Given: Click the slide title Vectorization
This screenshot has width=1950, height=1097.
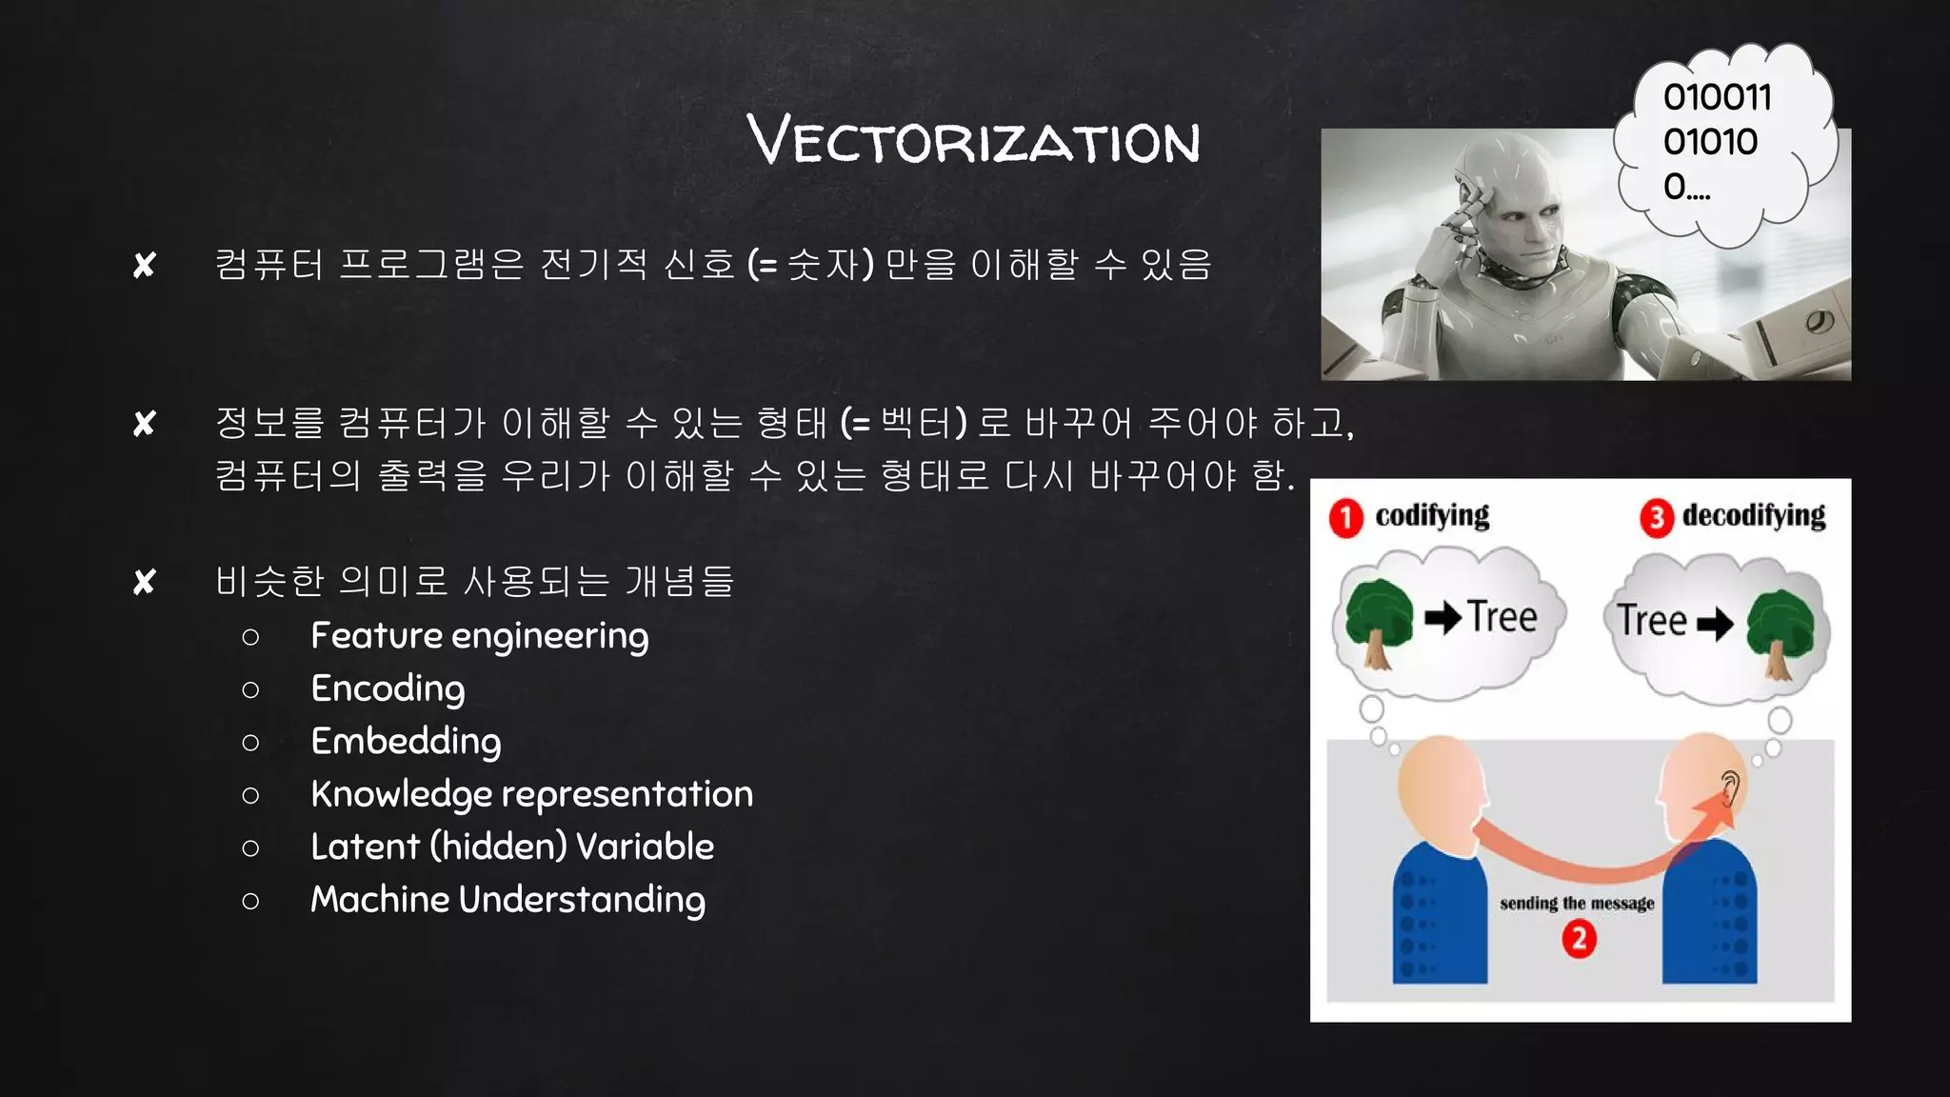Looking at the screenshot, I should (973, 140).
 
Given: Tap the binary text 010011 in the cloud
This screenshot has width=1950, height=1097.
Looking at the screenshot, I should (1717, 97).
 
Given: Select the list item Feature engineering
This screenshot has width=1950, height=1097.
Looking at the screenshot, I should (479, 636).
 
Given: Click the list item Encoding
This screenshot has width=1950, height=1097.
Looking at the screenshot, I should (388, 688).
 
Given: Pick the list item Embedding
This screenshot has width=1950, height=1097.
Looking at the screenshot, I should (406, 742).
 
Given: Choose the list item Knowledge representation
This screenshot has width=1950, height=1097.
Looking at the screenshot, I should (531, 794).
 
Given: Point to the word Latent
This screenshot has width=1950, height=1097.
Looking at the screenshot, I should (365, 847).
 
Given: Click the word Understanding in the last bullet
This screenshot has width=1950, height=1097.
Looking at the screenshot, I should (582, 900).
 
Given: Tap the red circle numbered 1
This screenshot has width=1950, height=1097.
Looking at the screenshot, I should (1345, 518).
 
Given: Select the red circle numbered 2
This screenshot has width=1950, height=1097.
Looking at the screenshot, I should (1579, 939).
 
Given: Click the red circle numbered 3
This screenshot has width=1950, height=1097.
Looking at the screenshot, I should (1656, 518).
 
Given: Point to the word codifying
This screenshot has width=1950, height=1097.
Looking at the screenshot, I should (1432, 515).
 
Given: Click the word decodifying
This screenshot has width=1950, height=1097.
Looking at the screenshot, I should (1754, 515).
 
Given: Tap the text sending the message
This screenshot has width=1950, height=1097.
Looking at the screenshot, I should (1577, 903).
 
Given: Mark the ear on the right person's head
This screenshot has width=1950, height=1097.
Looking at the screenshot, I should (1730, 788).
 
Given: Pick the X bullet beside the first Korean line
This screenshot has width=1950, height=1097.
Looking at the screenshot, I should (145, 265).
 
